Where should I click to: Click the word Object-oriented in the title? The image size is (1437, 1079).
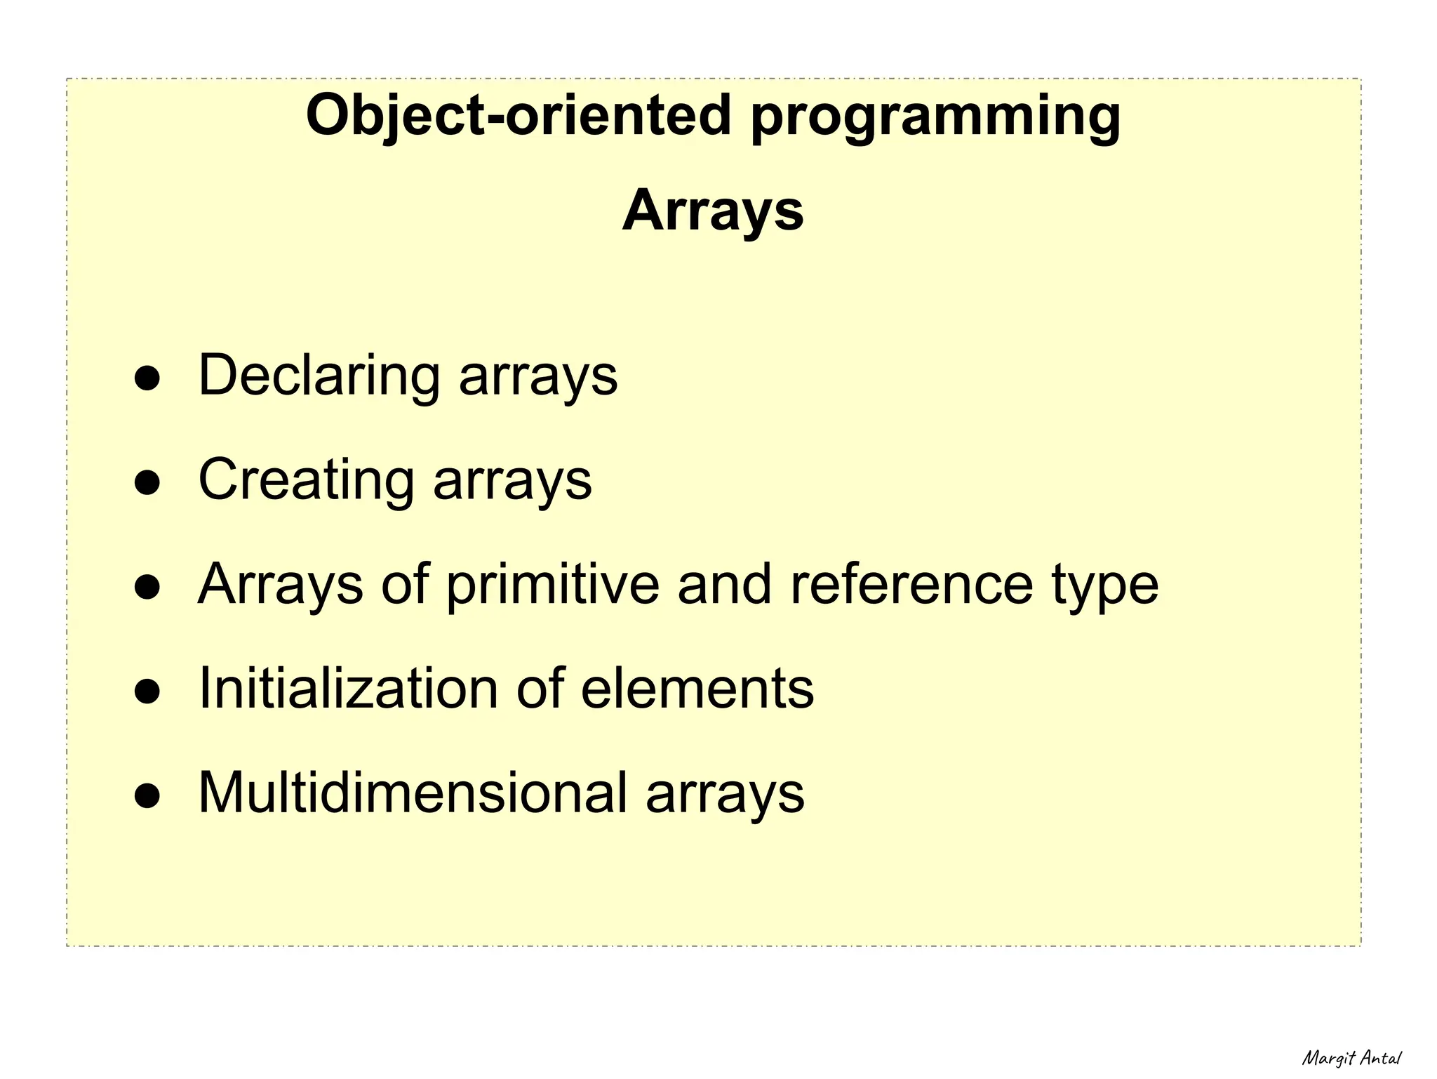click(519, 115)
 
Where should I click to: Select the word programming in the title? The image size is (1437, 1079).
click(935, 118)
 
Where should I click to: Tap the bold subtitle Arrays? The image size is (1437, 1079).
click(713, 211)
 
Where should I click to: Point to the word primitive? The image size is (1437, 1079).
click(553, 585)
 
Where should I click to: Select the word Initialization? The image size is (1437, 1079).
click(348, 689)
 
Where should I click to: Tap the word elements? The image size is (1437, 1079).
click(697, 689)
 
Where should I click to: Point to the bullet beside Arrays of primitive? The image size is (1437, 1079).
click(148, 588)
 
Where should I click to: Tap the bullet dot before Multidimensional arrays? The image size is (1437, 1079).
click(148, 796)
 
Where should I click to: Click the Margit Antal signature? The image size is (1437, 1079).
click(1351, 1057)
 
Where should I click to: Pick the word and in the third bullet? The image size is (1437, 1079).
click(724, 584)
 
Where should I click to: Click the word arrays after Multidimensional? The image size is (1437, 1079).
click(725, 797)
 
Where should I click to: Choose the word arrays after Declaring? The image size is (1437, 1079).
click(538, 379)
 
